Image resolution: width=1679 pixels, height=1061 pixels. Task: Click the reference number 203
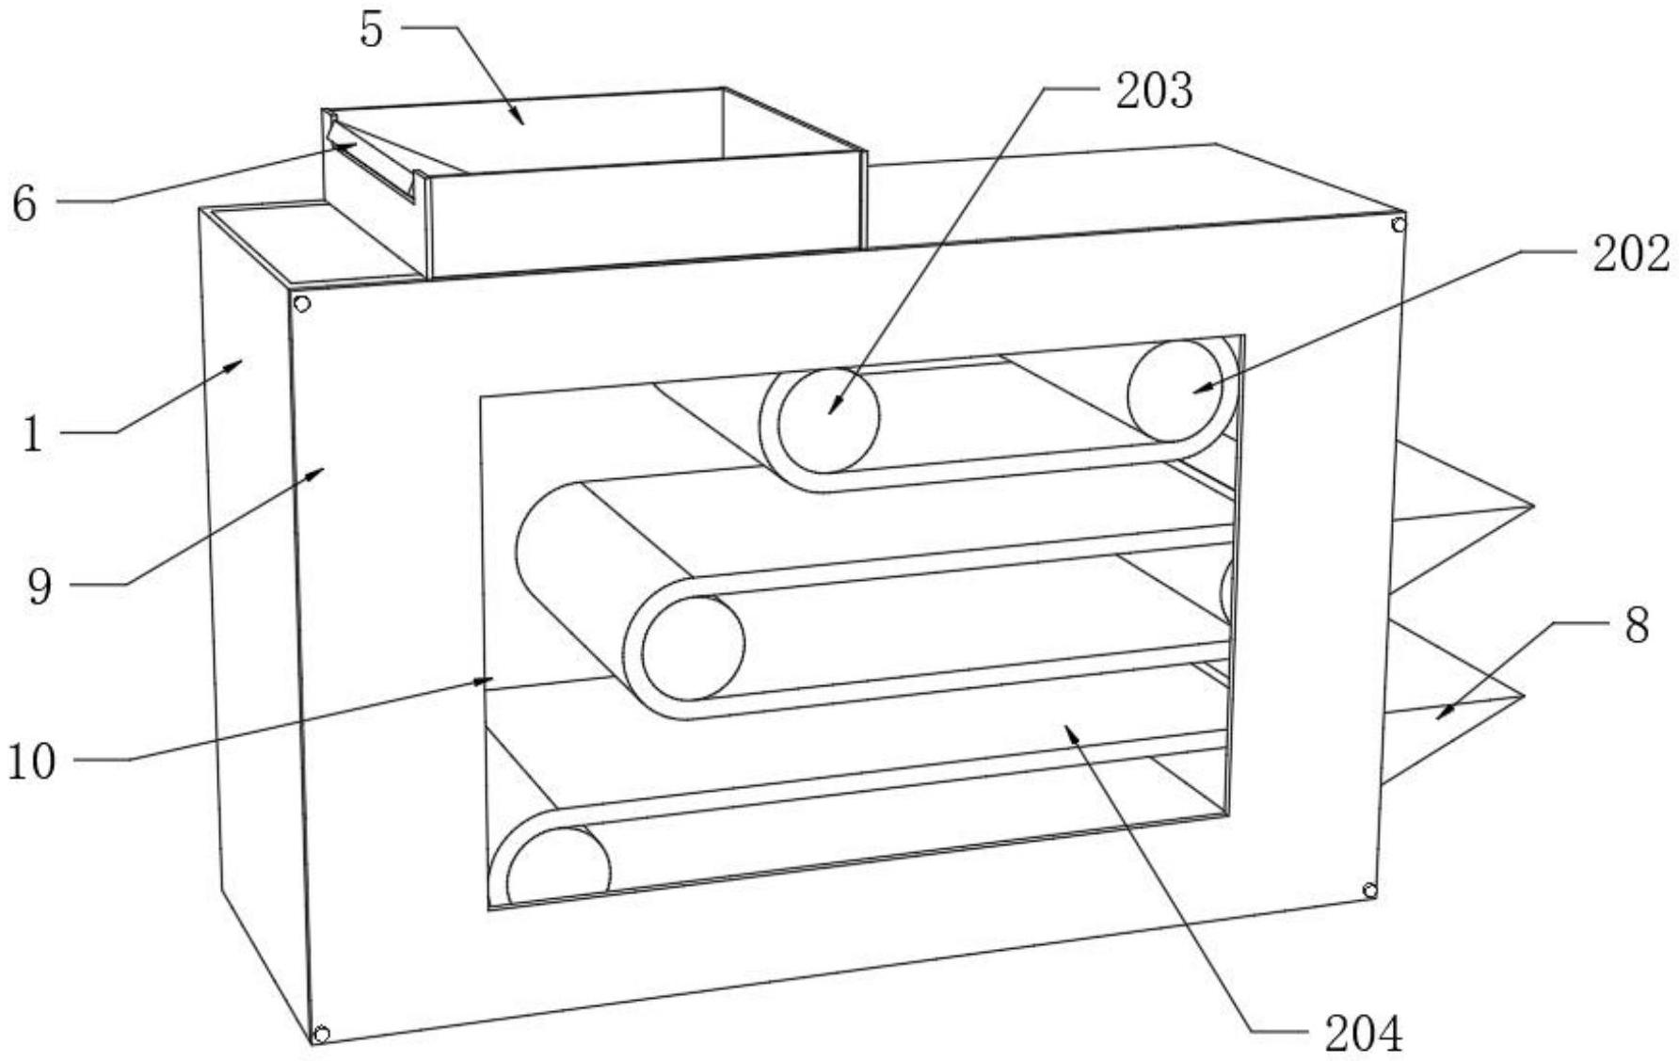point(1153,92)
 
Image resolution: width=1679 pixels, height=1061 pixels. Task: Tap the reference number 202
point(1630,253)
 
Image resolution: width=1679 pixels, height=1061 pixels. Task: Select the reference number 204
point(1363,1034)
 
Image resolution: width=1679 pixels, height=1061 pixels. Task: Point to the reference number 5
point(373,30)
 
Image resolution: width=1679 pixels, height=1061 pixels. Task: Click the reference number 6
point(24,203)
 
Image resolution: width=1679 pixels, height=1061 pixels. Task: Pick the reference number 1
point(33,435)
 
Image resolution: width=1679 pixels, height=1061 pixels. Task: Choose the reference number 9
point(40,587)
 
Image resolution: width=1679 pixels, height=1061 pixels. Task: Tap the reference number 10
point(32,762)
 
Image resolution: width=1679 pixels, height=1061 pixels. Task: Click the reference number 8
point(1637,625)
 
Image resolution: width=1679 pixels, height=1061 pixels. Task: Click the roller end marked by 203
point(829,419)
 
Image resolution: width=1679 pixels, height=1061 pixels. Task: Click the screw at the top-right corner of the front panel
point(1399,224)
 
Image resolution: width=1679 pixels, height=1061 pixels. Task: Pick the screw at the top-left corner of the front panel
point(302,304)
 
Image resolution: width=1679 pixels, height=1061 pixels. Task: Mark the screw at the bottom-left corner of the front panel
point(321,1034)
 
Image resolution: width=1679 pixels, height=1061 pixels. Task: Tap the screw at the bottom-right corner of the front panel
point(1370,891)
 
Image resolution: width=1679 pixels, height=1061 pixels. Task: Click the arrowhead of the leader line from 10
point(490,679)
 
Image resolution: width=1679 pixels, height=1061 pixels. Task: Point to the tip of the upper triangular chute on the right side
point(1533,506)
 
